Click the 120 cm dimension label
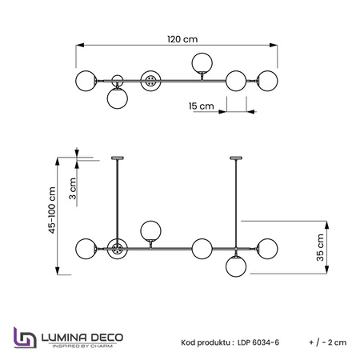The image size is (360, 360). pos(182,39)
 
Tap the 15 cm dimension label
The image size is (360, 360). pos(202,106)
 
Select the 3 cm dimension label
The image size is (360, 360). pos(73,189)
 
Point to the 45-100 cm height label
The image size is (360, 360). pos(52,210)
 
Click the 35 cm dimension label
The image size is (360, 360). pos(320,247)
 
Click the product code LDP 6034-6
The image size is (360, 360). pos(258,342)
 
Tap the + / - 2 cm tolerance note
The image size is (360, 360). pos(328,342)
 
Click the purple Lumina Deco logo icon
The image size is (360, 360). pos(25,338)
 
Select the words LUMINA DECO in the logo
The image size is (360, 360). pos(82,338)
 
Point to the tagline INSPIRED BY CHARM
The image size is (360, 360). pos(82,346)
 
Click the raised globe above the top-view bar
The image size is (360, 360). pos(202,63)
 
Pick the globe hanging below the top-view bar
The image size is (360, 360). pos(118,98)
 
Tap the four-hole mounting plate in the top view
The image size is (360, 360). pos(150,81)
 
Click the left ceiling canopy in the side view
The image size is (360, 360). pos(118,158)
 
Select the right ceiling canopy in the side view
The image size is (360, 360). pos(236,158)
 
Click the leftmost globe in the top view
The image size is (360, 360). pos(86,81)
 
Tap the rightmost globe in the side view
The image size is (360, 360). pos(267,249)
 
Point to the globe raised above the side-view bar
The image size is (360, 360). pos(150,231)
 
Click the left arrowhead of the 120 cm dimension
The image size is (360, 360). pos(80,45)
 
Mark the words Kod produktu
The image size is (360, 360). pos(206,342)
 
